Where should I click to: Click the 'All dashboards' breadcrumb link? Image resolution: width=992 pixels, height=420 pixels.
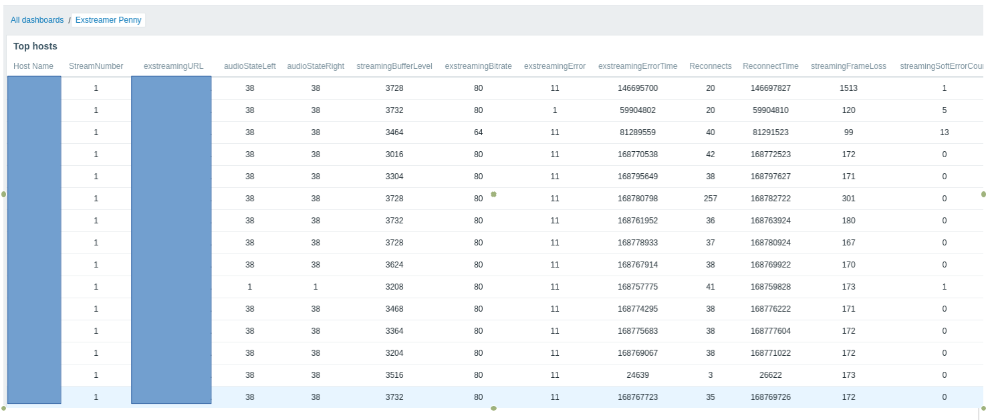37,20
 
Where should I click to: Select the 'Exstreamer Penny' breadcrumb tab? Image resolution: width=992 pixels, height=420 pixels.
108,20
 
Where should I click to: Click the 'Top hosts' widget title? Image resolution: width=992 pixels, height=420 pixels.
35,46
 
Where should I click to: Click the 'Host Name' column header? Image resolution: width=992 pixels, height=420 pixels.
33,66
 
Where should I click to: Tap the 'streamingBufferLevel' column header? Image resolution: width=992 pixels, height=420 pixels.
394,66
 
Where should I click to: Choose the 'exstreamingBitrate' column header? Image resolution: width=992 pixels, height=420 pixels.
478,66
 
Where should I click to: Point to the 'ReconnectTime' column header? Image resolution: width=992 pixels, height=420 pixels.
770,66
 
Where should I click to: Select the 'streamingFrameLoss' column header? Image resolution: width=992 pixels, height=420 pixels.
848,66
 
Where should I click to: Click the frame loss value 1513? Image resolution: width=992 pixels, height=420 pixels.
848,88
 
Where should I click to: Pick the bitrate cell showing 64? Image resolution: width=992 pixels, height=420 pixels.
478,132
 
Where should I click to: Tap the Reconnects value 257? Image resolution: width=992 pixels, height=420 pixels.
710,199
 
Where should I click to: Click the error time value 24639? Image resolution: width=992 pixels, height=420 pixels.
638,375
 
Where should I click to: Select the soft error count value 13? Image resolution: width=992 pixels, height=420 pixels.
944,132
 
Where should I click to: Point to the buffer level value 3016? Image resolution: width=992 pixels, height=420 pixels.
394,154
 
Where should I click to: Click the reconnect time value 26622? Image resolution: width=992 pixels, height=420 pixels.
770,375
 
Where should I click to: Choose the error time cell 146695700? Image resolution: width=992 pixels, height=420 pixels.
638,88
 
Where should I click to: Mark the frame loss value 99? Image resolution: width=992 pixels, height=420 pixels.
848,132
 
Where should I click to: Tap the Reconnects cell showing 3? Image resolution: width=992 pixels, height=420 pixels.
710,375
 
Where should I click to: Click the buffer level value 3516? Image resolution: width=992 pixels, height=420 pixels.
394,375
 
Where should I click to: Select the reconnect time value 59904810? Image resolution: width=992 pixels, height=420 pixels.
770,110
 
